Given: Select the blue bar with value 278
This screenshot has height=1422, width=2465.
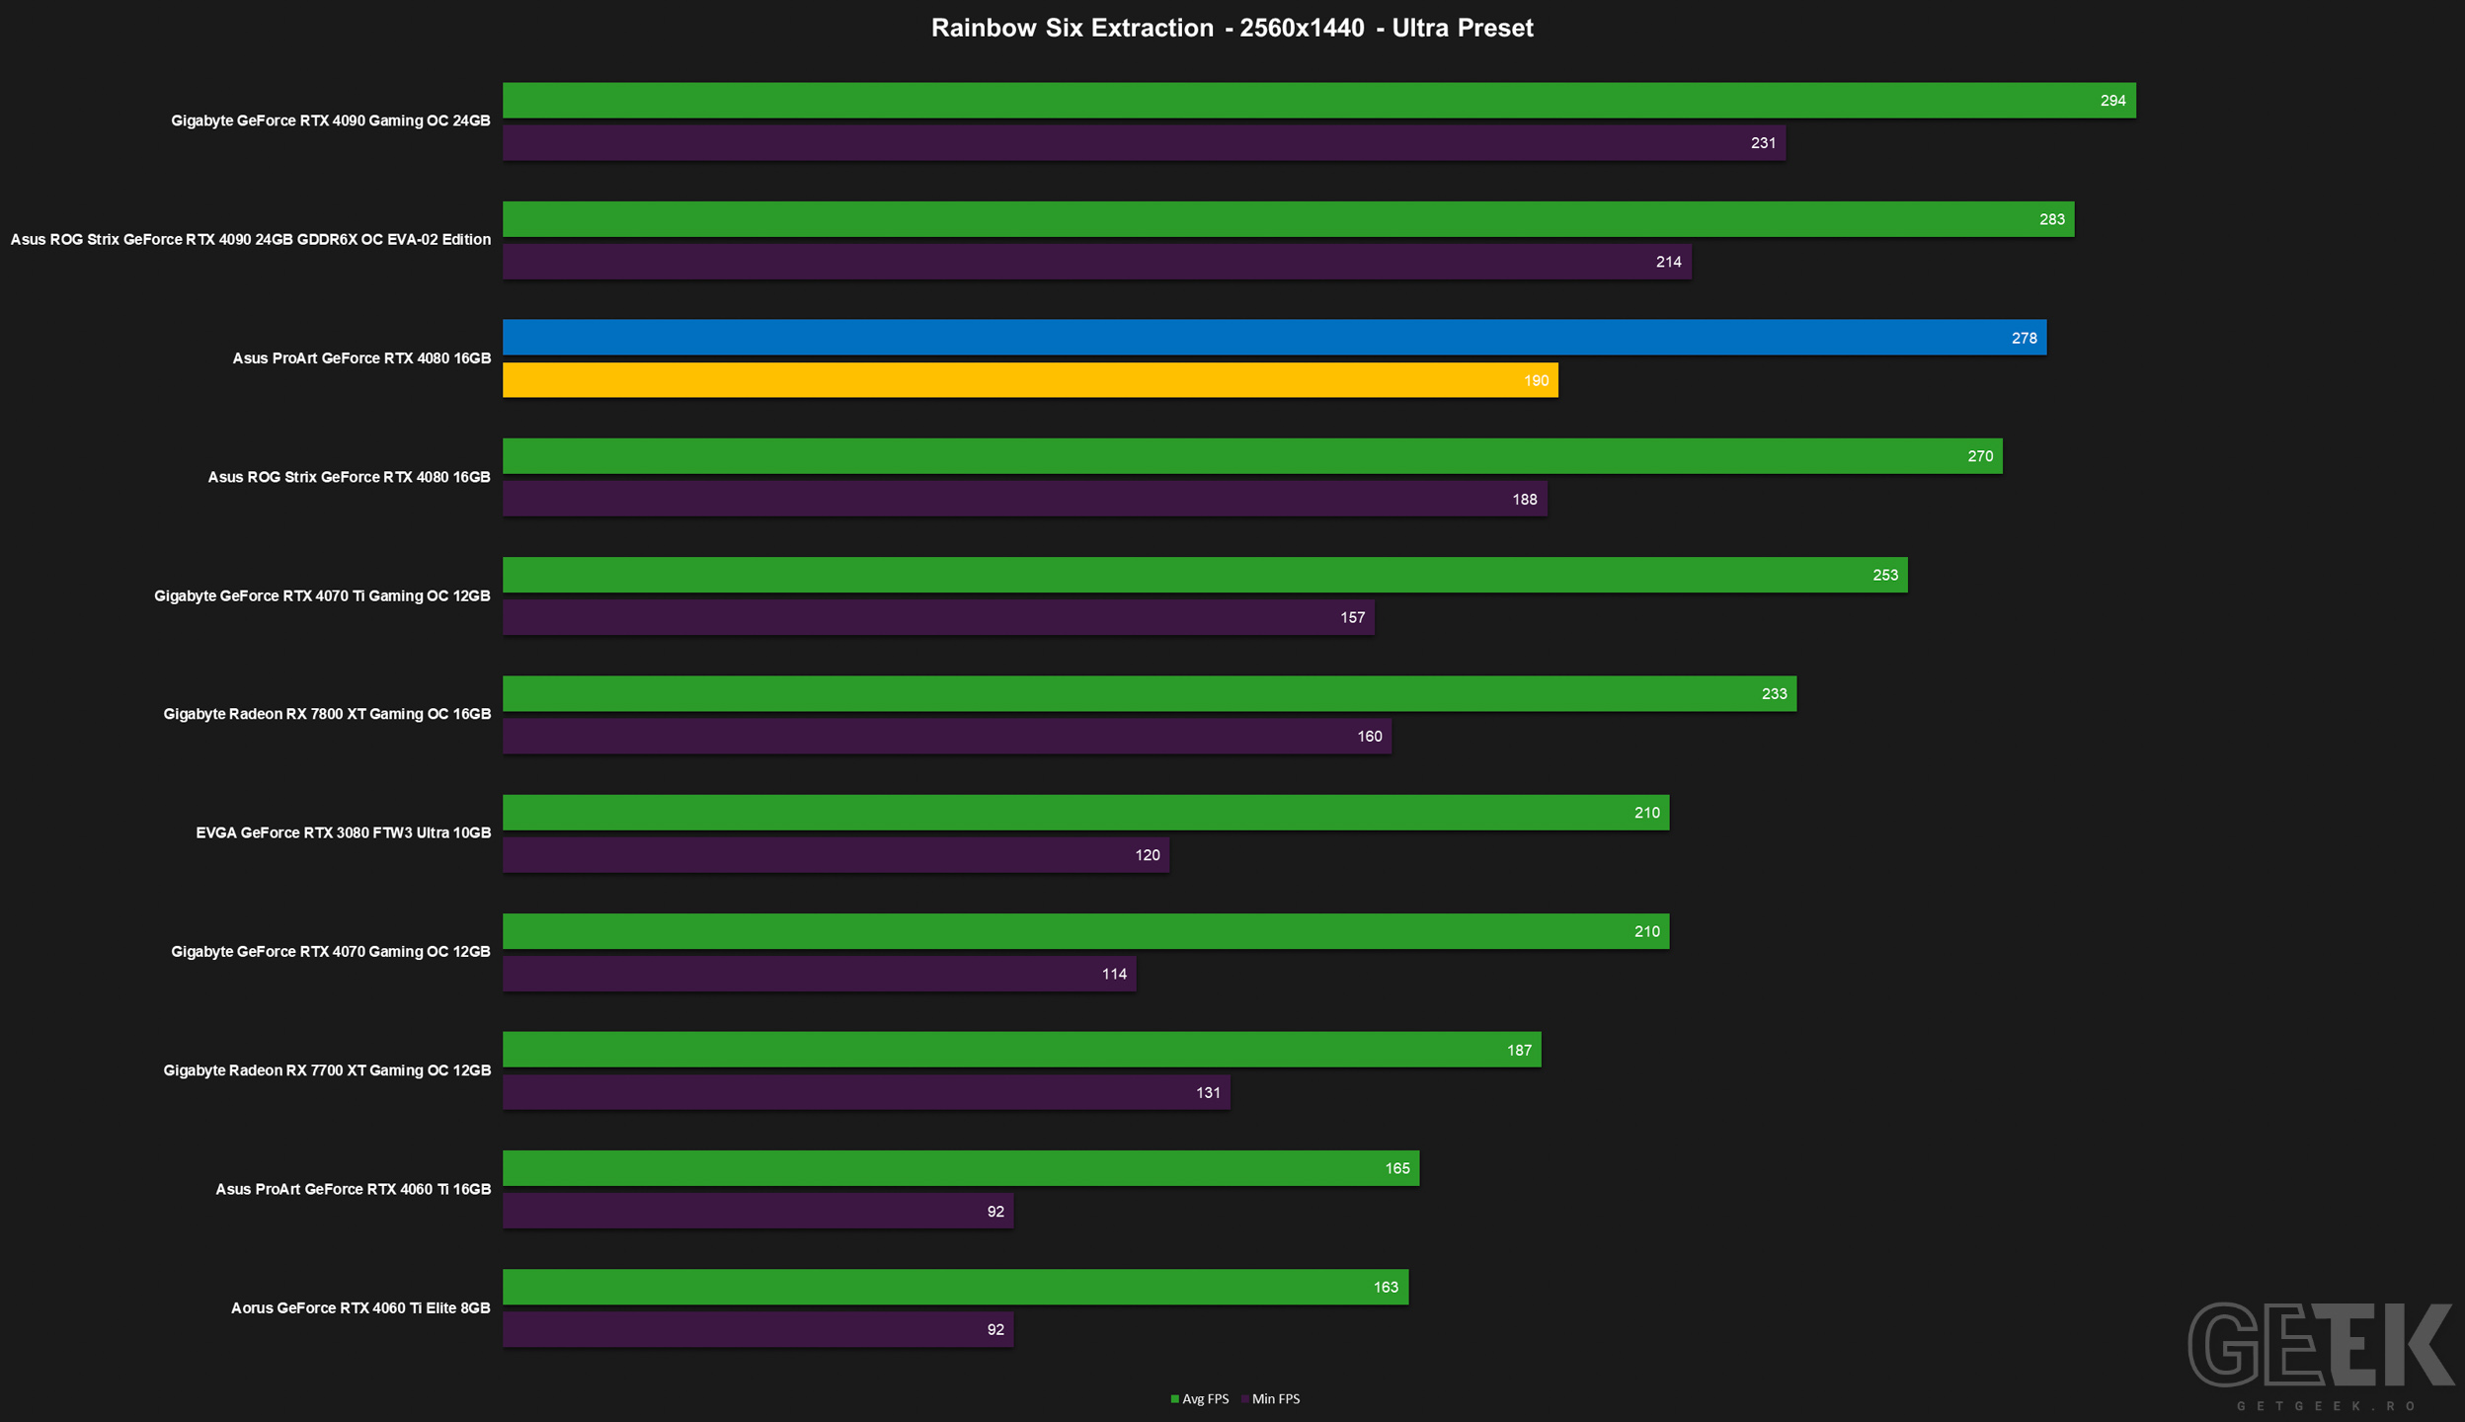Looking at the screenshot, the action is coord(1274,337).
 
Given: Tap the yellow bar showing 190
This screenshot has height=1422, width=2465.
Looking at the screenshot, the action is coord(1030,380).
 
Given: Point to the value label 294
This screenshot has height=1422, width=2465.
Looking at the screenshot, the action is coord(2112,101).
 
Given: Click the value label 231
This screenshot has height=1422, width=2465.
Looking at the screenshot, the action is coord(1763,143).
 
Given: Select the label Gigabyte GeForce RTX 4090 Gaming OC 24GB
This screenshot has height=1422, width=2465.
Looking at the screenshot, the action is coord(331,120).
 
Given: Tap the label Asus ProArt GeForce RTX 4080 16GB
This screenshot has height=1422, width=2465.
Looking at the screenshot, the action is coord(361,358).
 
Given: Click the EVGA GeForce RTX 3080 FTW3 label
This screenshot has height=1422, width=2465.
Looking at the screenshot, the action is coord(343,832).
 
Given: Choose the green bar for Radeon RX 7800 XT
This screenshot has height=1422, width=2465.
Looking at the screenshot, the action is coord(1150,693).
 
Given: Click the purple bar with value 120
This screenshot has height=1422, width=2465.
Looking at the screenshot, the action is coord(835,855).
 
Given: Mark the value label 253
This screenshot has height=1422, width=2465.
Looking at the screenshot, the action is coord(1884,575).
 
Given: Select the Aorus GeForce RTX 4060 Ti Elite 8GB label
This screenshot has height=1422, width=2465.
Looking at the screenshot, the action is coord(360,1307).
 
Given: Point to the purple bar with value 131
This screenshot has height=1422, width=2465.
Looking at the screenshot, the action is coord(866,1092).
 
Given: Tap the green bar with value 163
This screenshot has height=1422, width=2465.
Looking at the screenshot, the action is coord(955,1287).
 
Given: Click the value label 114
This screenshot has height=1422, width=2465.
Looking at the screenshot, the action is coord(1114,974).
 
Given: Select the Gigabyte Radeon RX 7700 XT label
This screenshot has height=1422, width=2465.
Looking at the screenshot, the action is coord(327,1070).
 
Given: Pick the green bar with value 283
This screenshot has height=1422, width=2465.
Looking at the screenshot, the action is coord(1288,219).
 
